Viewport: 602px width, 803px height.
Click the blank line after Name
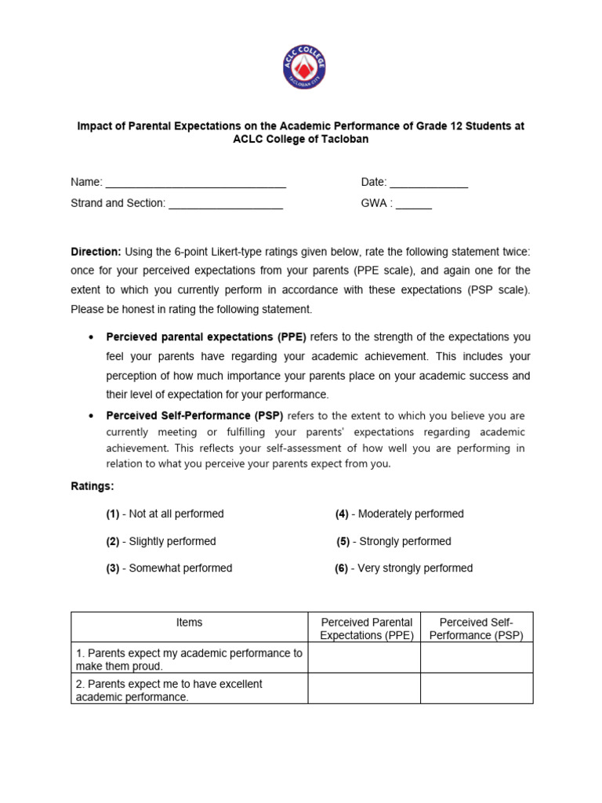point(195,183)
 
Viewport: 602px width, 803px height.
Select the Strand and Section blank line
point(226,204)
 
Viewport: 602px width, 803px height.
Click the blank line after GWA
point(413,204)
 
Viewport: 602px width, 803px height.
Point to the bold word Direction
point(96,252)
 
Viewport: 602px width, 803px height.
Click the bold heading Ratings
point(92,486)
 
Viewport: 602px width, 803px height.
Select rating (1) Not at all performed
point(165,514)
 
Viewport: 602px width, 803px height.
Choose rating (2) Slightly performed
point(161,541)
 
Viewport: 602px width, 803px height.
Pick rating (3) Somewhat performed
point(169,568)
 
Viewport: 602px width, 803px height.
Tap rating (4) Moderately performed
point(400,514)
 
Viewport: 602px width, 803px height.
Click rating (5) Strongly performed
point(394,541)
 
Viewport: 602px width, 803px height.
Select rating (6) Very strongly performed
point(404,568)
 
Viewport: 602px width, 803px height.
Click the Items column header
point(189,623)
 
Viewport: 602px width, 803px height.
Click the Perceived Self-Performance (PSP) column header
point(477,629)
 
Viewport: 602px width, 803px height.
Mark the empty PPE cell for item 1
point(364,659)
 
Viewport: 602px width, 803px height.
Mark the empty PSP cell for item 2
point(477,689)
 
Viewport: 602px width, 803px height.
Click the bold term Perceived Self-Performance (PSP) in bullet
point(194,416)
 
